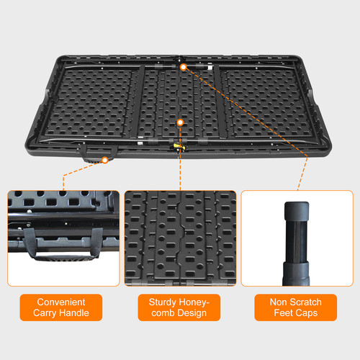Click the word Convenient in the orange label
coord(61,302)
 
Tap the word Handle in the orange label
coord(74,312)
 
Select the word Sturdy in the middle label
coord(163,302)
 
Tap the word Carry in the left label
coord(45,313)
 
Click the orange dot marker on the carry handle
coord(105,160)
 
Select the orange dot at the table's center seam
coord(180,122)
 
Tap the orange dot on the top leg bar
coord(184,67)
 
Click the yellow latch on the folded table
coord(179,146)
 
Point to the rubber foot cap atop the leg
coord(297,211)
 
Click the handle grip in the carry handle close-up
coord(64,257)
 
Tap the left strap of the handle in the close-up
coord(30,242)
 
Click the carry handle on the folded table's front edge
coord(98,154)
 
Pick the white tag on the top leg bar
coord(210,68)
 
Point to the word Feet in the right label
coord(284,312)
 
